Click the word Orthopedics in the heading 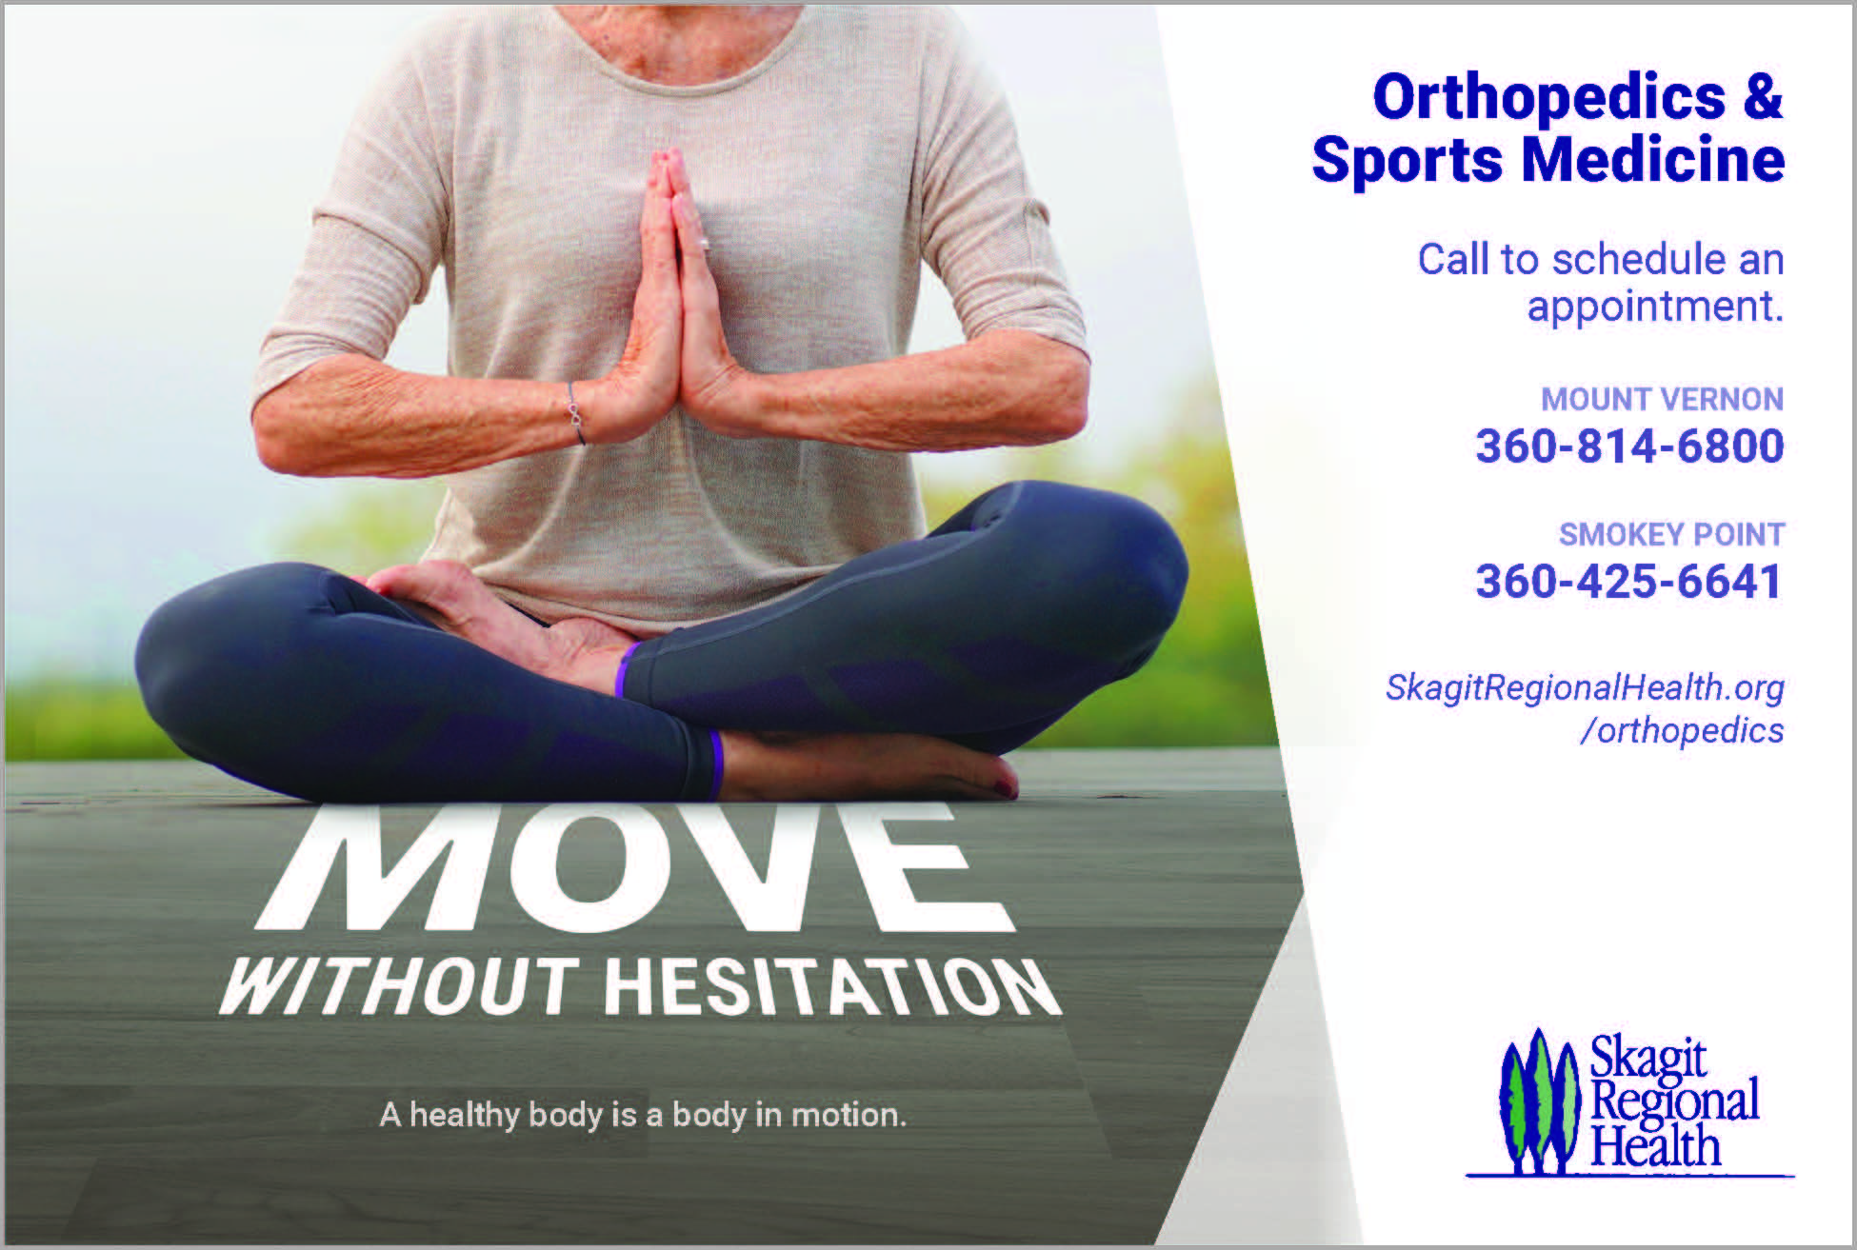point(1548,99)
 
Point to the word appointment point(1655,307)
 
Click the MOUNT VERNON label point(1662,399)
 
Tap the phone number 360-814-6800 point(1629,446)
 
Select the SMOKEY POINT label point(1671,534)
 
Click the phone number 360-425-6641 point(1628,581)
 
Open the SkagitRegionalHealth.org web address point(1585,687)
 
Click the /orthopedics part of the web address point(1682,731)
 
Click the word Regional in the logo point(1674,1103)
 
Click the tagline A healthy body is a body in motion point(643,1115)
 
